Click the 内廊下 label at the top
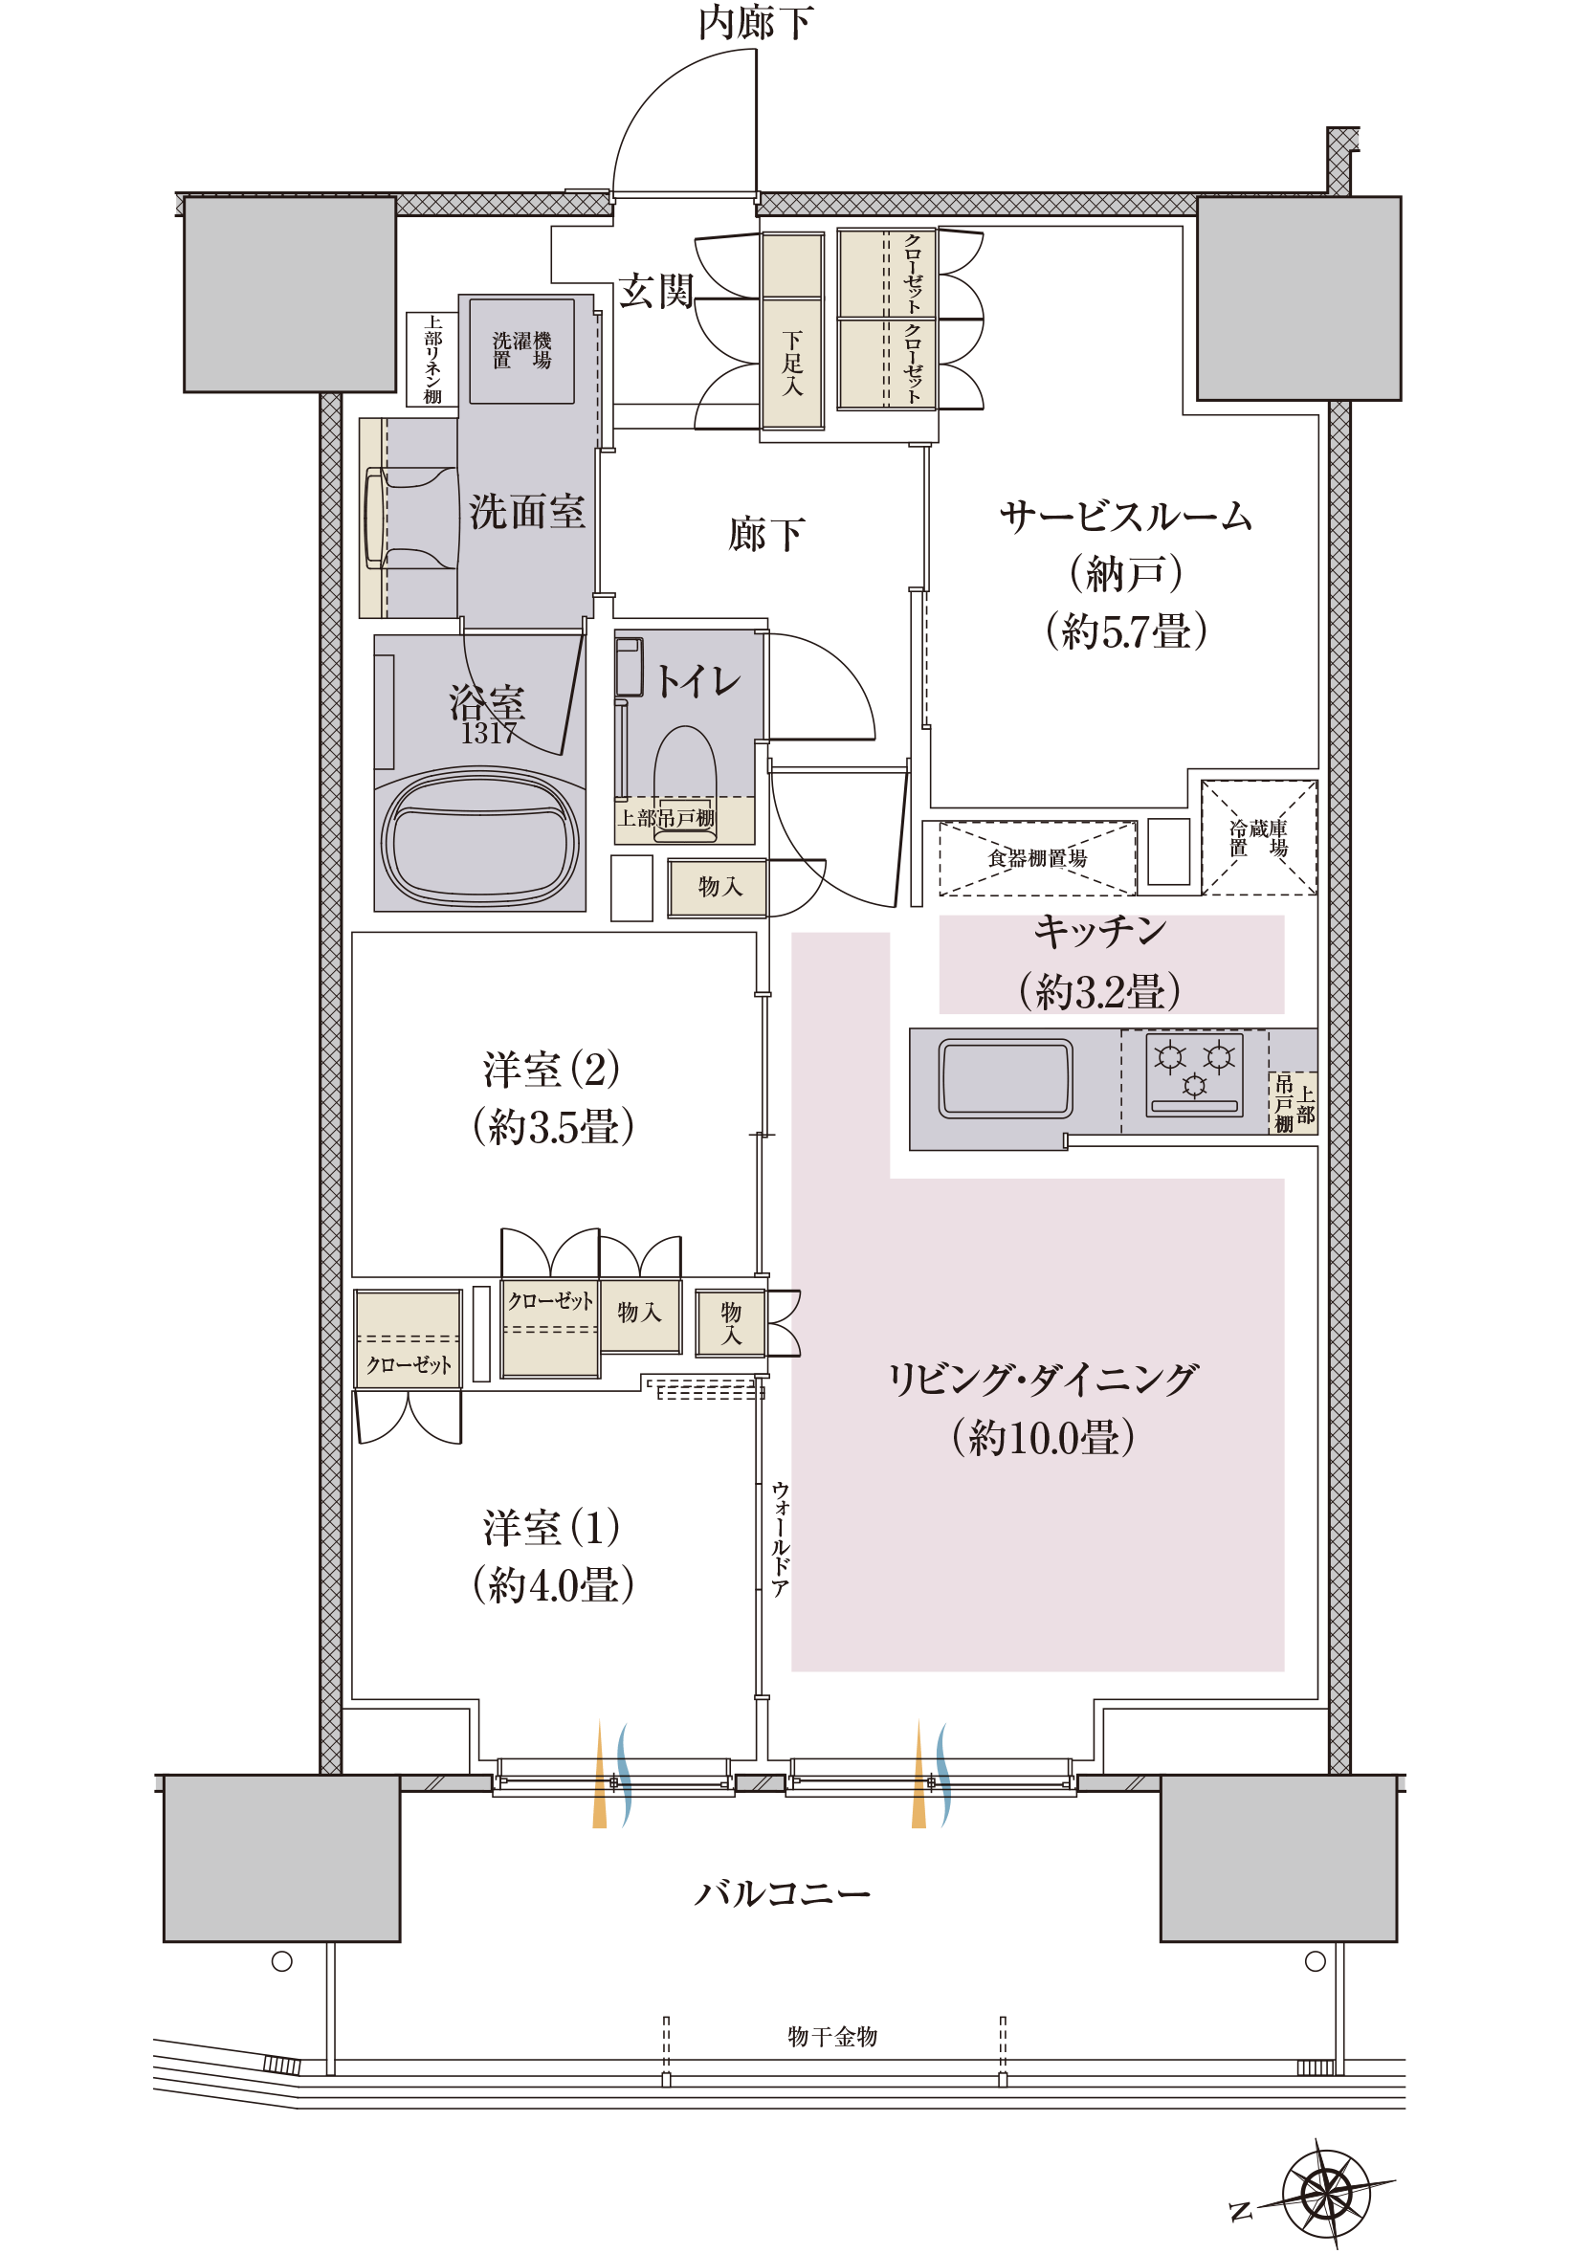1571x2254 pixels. click(x=756, y=23)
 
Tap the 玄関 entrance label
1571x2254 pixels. click(x=656, y=291)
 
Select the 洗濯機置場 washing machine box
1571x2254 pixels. click(x=521, y=350)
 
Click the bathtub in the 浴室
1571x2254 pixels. click(x=480, y=840)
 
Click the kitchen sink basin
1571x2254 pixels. click(x=1006, y=1078)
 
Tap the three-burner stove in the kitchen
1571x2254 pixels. click(x=1195, y=1074)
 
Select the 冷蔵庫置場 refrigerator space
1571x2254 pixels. click(x=1259, y=837)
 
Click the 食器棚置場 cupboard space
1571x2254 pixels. click(x=1037, y=858)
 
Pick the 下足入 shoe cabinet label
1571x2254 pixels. click(x=792, y=364)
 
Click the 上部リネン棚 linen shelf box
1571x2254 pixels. click(x=432, y=360)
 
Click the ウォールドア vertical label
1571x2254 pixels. click(x=780, y=1539)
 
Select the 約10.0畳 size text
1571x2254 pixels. click(x=1043, y=1437)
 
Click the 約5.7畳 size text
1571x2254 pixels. click(x=1126, y=630)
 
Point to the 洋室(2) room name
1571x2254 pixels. click(x=551, y=1068)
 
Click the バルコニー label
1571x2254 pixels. click(x=783, y=1892)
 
